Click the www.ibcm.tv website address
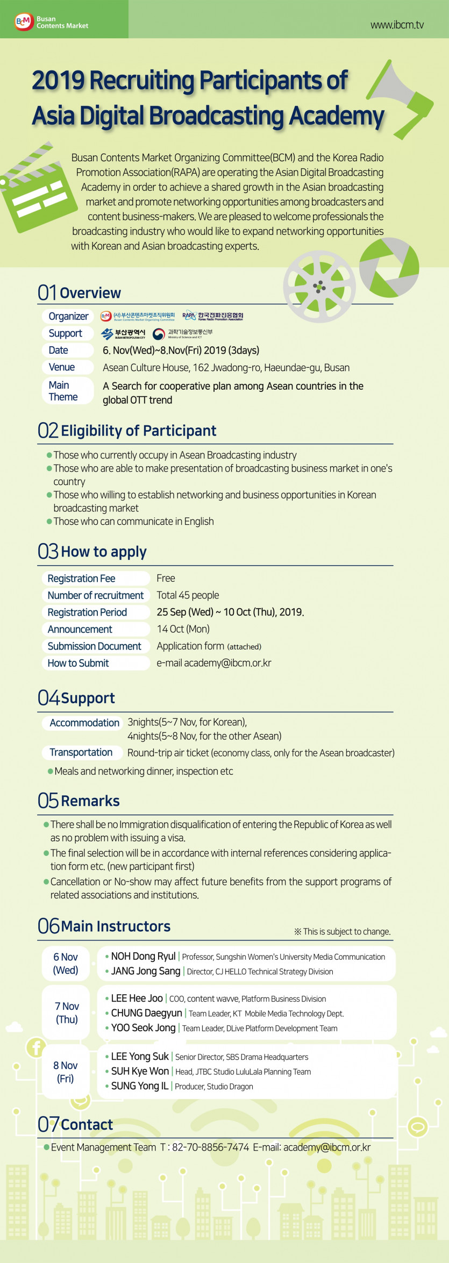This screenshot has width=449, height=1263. pos(397,25)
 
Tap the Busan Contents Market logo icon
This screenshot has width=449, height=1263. pos(24,22)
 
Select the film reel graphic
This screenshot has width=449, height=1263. pos(319,286)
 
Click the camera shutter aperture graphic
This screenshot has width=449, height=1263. pos(389,267)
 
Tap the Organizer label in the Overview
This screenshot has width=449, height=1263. pos(68,316)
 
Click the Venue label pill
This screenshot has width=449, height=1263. pos(62,367)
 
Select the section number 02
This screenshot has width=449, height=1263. pos(48,430)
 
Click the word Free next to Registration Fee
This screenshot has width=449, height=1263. pos(166,578)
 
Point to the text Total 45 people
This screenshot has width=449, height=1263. pos(188,595)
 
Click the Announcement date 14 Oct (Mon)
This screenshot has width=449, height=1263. pos(183,629)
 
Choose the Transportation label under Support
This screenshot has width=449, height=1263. pos(81,752)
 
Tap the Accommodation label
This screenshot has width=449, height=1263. pos(84,723)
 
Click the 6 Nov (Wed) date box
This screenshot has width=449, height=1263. pos(66,964)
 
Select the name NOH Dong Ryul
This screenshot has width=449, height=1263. pos(143,957)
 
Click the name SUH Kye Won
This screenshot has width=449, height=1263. pos(140,1071)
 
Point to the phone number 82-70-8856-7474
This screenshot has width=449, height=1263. pos(210,1147)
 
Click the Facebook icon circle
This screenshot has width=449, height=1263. pos(37,1047)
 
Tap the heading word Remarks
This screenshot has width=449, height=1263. pos(90,801)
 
